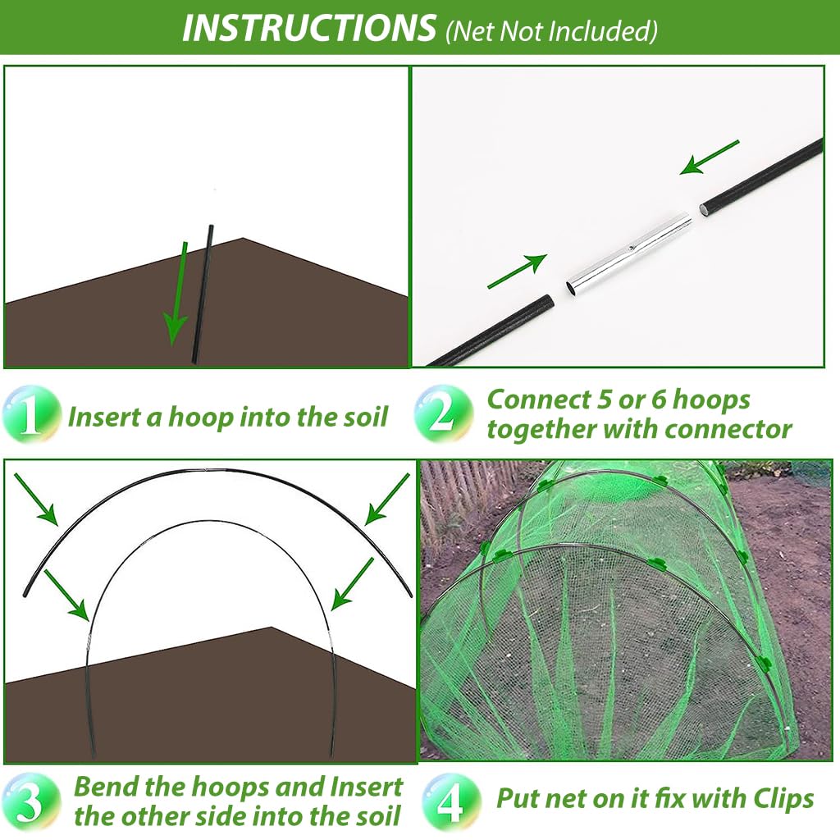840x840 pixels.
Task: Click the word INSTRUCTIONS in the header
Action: click(309, 28)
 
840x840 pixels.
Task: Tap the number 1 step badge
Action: click(31, 414)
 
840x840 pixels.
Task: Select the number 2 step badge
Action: click(444, 413)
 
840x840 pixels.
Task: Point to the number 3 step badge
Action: click(30, 802)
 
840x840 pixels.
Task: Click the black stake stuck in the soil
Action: click(203, 294)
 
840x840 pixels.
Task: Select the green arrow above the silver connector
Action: click(710, 157)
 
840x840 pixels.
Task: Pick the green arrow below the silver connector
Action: click(518, 271)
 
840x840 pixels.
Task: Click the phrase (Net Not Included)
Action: click(551, 31)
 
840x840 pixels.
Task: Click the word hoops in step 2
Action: click(710, 400)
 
